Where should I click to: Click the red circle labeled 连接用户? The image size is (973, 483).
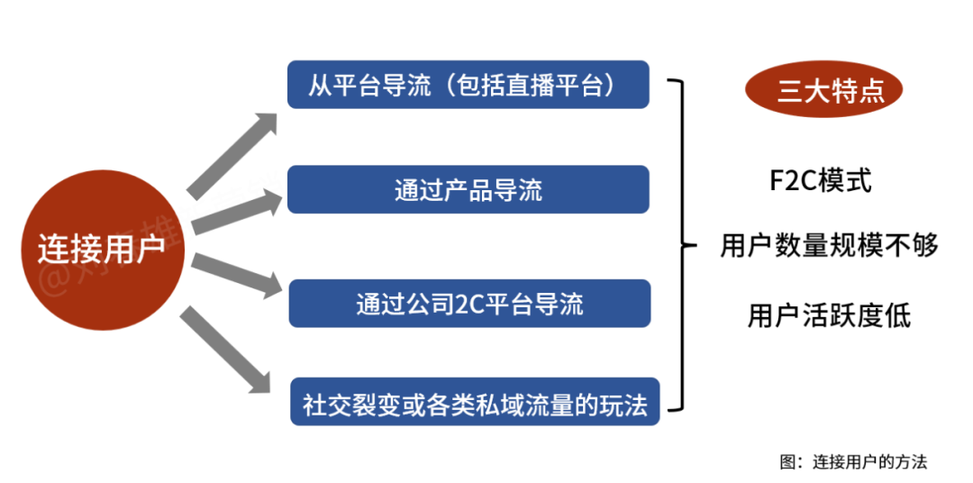(101, 250)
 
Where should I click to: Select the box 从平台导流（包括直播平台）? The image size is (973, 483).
(468, 85)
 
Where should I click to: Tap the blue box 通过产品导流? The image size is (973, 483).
(468, 189)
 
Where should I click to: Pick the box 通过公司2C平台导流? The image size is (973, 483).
(468, 303)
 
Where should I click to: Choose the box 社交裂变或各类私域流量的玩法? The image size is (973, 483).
(475, 402)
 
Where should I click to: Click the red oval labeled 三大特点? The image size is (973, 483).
(823, 91)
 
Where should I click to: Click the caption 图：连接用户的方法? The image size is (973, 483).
(852, 461)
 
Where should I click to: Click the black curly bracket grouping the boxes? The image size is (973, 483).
(685, 244)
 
